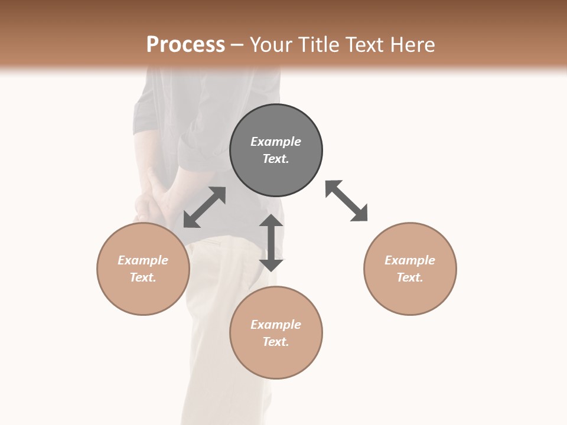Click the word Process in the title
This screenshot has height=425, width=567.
[185, 45]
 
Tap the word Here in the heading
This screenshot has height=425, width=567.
[413, 45]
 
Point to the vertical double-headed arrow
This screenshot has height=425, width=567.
[271, 243]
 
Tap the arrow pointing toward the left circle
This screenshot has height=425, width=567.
[204, 207]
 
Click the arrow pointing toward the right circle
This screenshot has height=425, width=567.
[347, 201]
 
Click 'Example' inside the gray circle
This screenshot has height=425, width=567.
[276, 142]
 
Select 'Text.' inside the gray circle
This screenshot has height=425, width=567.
[276, 159]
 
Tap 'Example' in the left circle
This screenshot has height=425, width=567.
[143, 260]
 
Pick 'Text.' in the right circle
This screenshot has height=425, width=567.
[410, 277]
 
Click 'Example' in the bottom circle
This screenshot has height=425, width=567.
[276, 325]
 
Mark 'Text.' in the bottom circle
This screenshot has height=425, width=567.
[276, 342]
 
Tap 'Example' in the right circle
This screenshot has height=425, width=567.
[410, 260]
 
